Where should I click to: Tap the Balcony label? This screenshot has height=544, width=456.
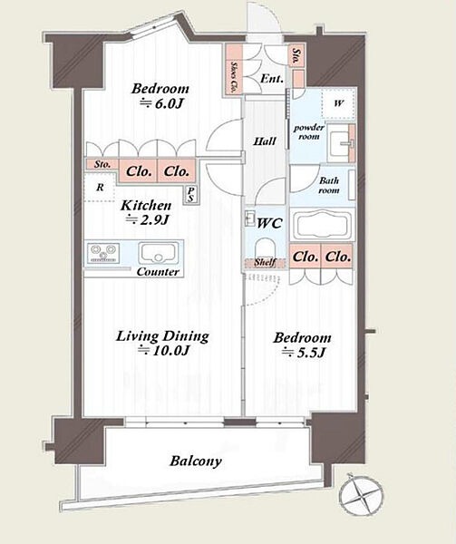pos(196,461)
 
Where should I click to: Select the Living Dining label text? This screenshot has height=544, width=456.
pos(162,336)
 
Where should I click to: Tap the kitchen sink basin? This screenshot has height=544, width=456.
pos(157,253)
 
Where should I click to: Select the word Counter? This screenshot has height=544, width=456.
pos(158,272)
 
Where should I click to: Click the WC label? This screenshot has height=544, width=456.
pos(269,223)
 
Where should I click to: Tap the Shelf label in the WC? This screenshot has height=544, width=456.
pos(265,262)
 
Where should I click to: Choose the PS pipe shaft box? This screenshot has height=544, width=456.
pos(190,195)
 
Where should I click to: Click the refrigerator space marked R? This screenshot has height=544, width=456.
pos(100,188)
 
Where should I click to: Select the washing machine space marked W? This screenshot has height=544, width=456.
pos(338,103)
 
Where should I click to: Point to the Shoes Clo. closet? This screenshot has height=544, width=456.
pos(234,69)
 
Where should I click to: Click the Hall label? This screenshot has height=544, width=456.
pos(265,141)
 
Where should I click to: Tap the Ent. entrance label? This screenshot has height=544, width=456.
pos(272,79)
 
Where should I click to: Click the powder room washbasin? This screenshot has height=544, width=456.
pos(341,143)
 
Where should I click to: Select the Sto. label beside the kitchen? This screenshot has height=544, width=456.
pos(102,164)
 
